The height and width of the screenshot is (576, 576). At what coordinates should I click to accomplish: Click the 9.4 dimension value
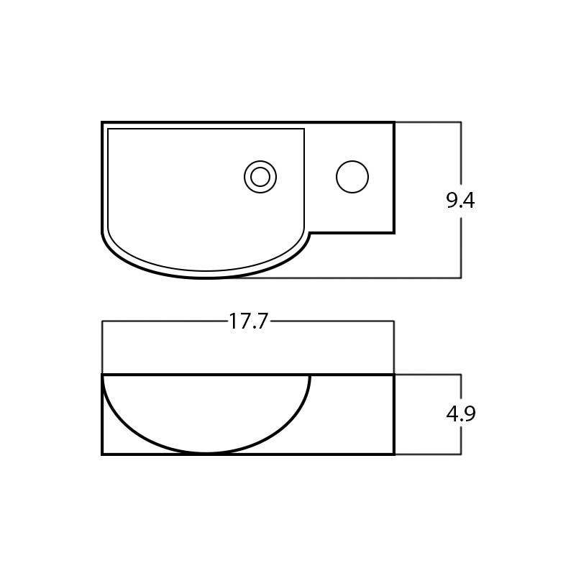(460, 201)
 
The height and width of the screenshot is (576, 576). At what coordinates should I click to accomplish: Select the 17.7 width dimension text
(248, 321)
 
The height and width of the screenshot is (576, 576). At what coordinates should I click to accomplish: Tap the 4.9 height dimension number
(461, 414)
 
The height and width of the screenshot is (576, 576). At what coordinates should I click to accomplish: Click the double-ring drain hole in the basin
(260, 177)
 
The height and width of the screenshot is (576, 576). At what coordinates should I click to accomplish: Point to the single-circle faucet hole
(352, 177)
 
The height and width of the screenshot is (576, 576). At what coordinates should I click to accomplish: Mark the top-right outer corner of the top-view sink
(393, 123)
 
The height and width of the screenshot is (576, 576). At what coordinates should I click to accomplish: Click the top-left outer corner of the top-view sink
(103, 123)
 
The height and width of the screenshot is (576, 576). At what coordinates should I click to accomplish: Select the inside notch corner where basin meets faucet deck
(310, 233)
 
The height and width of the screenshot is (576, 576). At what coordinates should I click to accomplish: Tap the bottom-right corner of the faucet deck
(393, 232)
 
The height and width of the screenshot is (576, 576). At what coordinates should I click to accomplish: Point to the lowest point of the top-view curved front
(206, 277)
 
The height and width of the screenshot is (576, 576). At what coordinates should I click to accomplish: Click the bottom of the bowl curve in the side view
(206, 452)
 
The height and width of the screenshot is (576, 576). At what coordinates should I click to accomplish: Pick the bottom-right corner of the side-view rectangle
(393, 454)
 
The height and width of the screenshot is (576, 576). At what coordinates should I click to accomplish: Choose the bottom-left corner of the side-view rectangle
(103, 454)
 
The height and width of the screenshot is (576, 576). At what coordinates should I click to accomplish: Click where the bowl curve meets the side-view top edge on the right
(309, 375)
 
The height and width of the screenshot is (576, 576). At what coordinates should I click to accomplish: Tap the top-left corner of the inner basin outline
(108, 129)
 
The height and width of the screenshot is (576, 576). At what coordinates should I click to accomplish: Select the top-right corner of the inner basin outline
(304, 129)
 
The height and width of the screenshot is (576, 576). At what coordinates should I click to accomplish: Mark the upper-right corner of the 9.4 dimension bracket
(460, 122)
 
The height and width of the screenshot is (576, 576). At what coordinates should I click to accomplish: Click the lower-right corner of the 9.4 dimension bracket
(460, 278)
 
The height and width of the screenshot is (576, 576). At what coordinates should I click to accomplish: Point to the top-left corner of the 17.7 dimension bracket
(102, 321)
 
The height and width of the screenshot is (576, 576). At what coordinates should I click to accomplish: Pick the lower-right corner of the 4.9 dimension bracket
(460, 454)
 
